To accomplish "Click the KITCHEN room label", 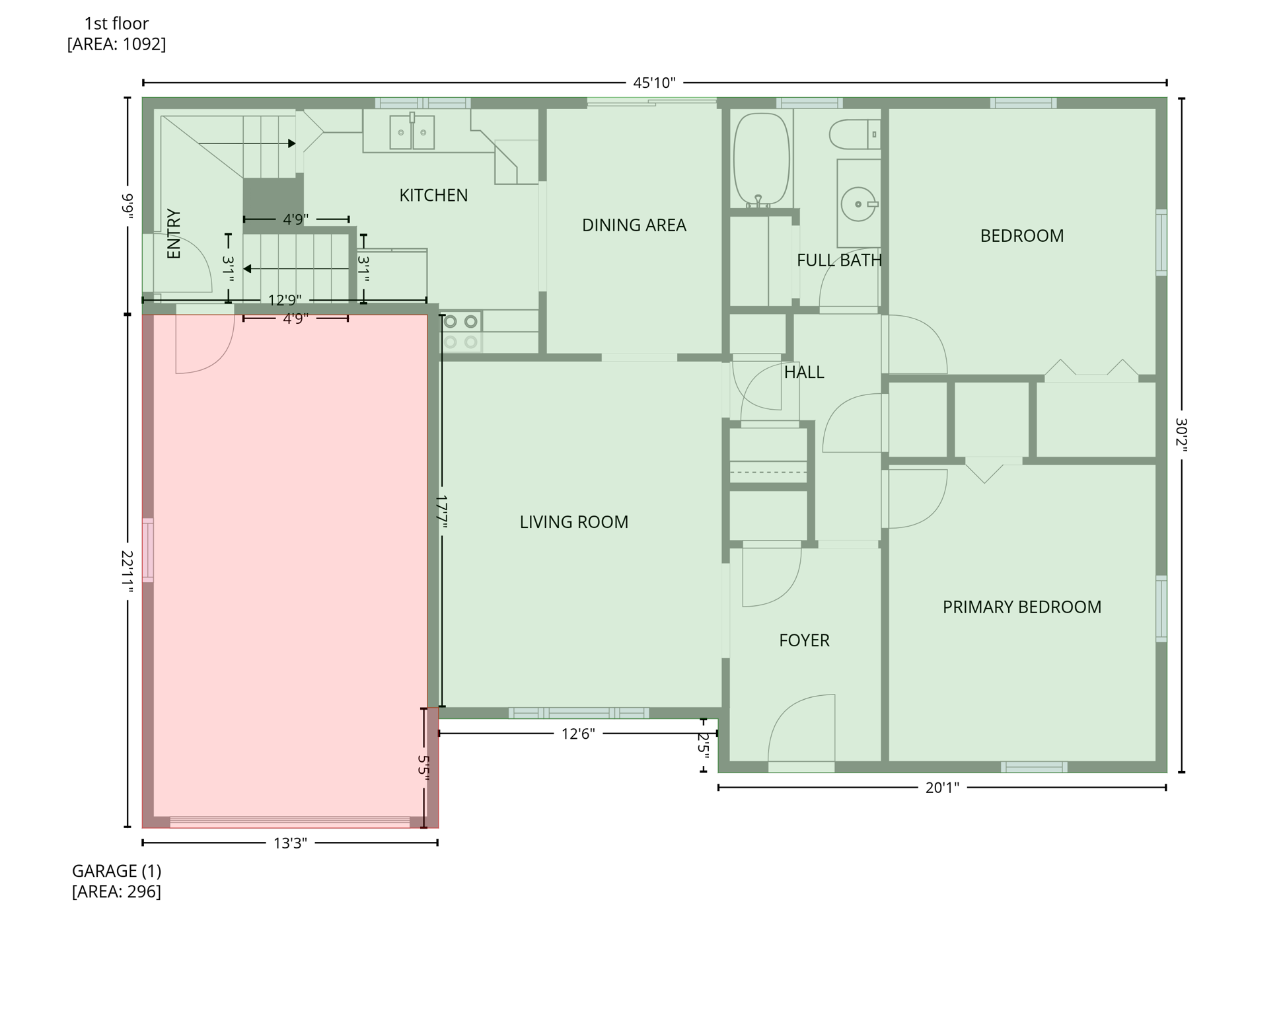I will coord(433,196).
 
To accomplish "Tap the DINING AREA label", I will coord(633,225).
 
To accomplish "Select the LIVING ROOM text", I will coord(573,522).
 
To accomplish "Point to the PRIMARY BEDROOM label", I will coord(1021,607).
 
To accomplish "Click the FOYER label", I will coord(803,640).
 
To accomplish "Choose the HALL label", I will coord(803,373).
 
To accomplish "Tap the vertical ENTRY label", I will coord(174,234).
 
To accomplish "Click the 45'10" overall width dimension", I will coord(653,83).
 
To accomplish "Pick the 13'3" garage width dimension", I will coord(290,843).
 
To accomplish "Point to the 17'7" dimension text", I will coord(441,512).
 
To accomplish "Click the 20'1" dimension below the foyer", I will coord(941,788).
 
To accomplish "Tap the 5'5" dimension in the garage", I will coord(423,768).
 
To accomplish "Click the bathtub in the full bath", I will coord(760,159).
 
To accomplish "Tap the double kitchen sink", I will coord(412,132).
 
